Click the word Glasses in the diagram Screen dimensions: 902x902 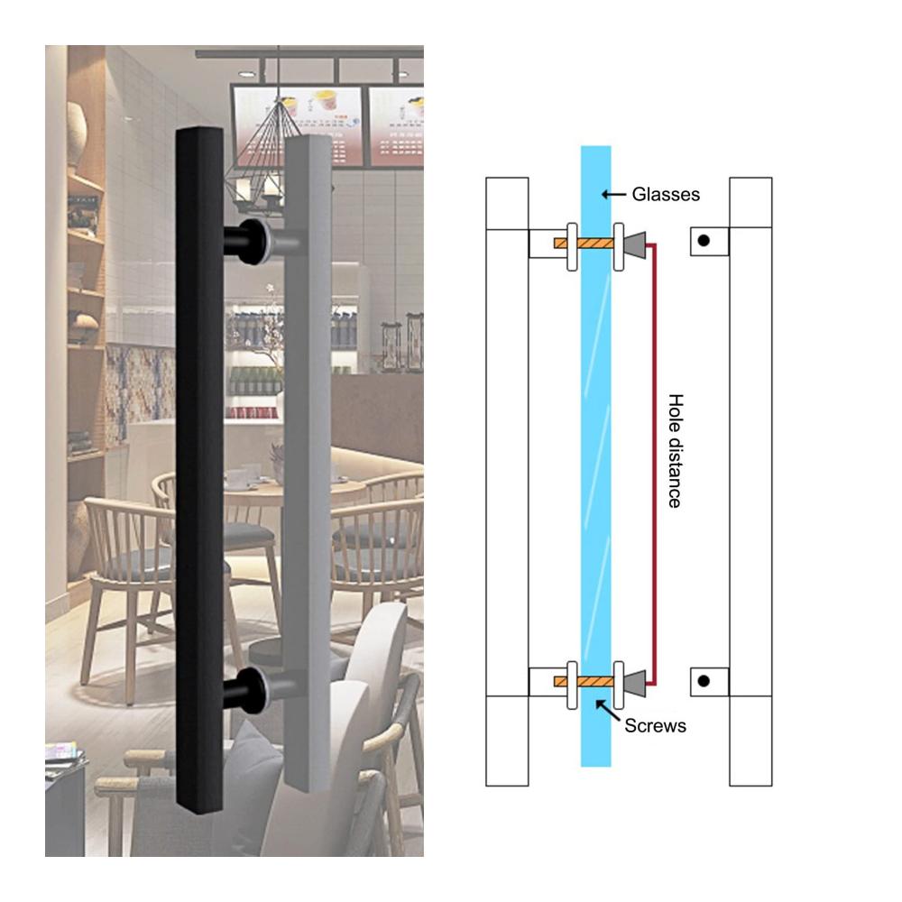[x=666, y=195]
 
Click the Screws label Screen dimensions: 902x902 [x=655, y=726]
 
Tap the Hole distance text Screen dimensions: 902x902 [x=676, y=451]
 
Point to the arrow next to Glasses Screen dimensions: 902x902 [x=613, y=195]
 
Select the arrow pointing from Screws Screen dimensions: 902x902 [x=608, y=711]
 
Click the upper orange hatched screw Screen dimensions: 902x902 [x=584, y=244]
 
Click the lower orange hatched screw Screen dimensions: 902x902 [x=584, y=682]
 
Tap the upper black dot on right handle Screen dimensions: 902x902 [x=704, y=241]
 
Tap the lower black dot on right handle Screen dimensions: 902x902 [x=704, y=681]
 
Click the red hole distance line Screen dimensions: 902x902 [x=654, y=465]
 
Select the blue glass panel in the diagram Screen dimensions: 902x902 [x=595, y=456]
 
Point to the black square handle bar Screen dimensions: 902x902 [x=199, y=470]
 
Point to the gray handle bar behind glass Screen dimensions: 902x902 [x=308, y=464]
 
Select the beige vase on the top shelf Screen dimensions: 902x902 [x=77, y=134]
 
